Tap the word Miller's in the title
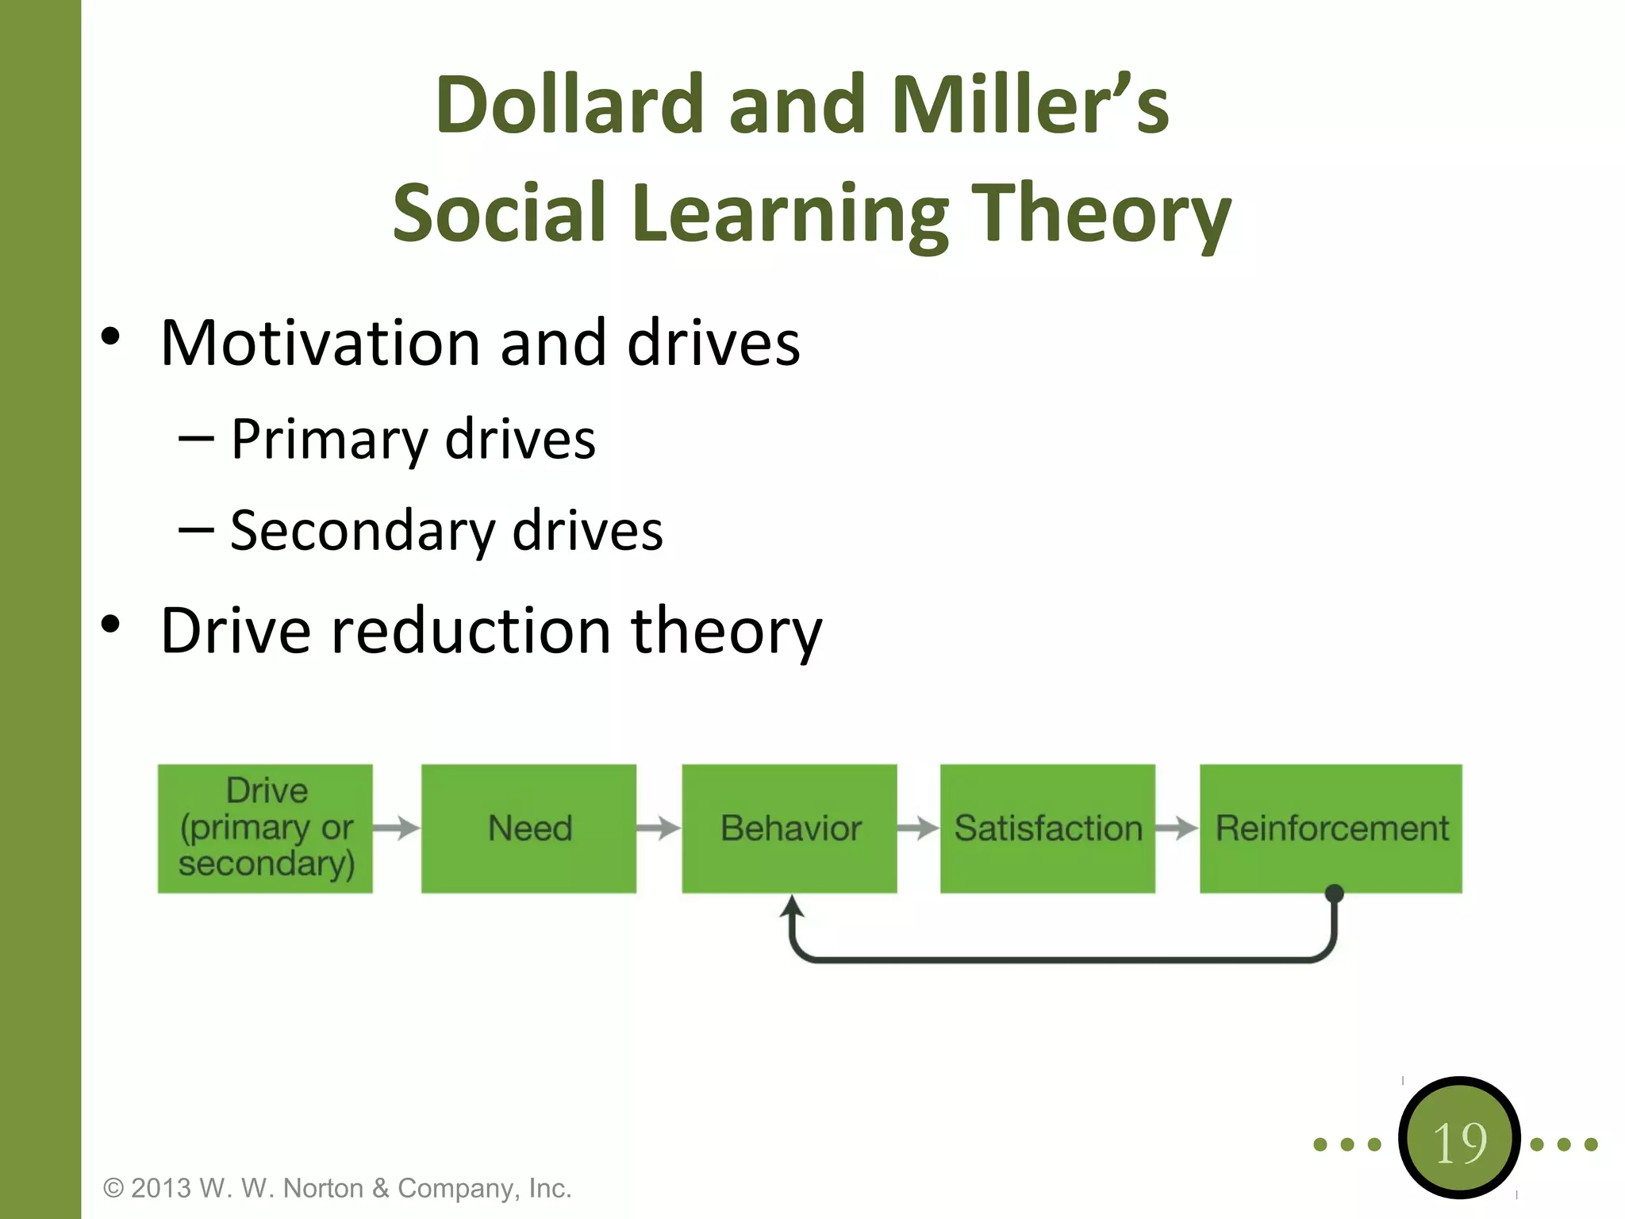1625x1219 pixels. pos(1030,105)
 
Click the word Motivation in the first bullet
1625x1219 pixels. pos(319,343)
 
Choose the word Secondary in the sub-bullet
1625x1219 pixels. pos(363,530)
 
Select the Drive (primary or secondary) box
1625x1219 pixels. pos(265,828)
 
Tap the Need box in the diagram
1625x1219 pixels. pos(528,828)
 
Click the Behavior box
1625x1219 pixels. pos(789,828)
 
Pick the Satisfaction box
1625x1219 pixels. pos(1047,828)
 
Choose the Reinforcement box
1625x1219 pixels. pos(1331,828)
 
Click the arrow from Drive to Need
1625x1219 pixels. pos(397,828)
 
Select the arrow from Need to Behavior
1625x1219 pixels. pos(659,828)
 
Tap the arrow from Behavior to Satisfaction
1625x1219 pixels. pos(918,828)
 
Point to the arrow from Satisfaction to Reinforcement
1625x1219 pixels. pos(1177,828)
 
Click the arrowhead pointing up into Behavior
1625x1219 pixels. pos(791,906)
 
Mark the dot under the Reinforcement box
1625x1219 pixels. pos(1335,894)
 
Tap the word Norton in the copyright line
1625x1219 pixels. pos(322,1188)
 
